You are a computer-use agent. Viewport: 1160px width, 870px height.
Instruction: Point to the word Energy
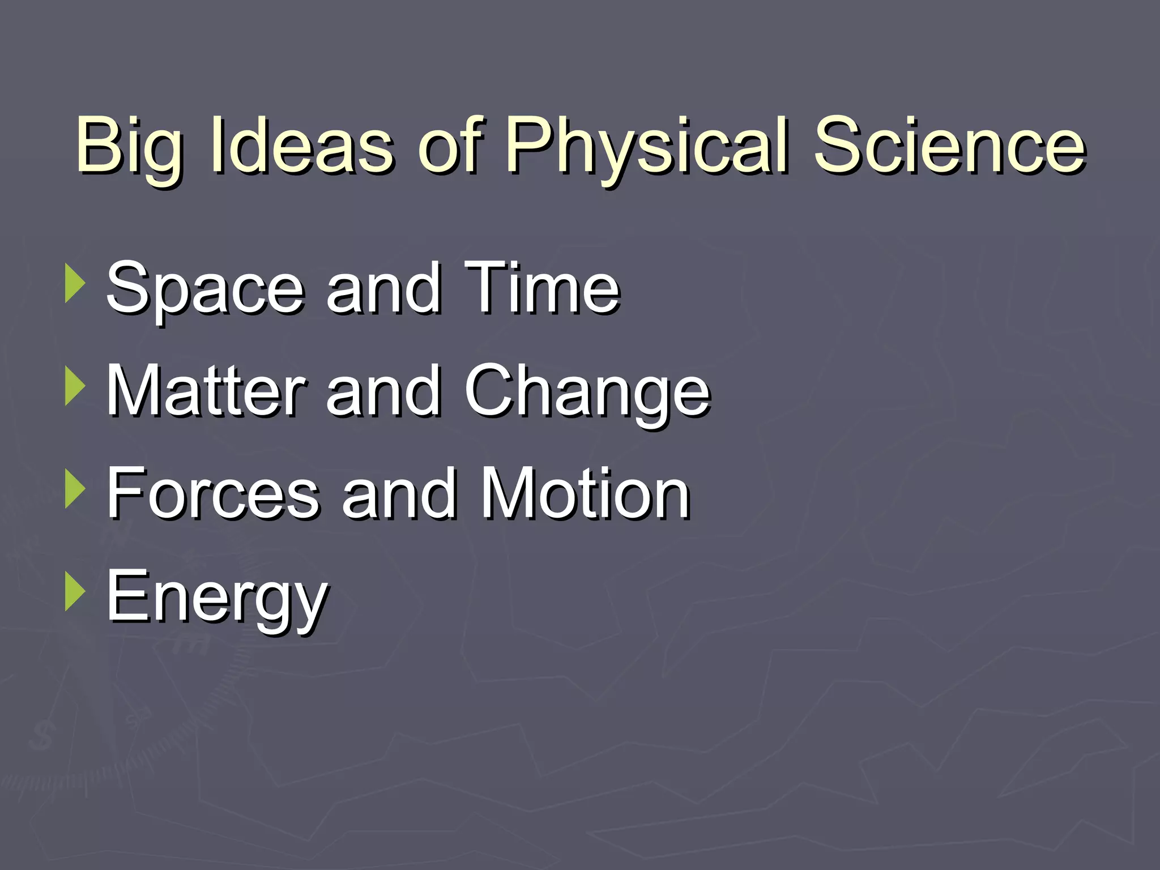[x=216, y=598]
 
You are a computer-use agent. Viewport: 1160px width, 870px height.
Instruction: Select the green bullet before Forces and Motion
[x=75, y=488]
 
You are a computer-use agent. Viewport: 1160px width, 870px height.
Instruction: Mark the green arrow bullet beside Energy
[x=75, y=591]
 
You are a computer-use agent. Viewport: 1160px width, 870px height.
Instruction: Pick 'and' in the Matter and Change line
[x=384, y=391]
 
